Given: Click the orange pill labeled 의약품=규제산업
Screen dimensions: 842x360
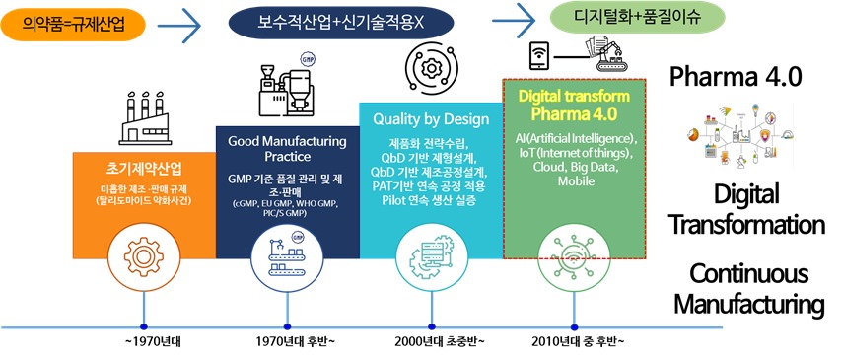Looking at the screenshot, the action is [x=74, y=23].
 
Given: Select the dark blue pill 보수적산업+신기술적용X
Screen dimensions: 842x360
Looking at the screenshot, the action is [x=341, y=23].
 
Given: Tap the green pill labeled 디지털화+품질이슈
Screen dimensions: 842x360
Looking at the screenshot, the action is [x=637, y=17].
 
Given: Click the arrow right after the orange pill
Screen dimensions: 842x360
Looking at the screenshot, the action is [x=179, y=25].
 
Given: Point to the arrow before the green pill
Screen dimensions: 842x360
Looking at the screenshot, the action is [x=514, y=21].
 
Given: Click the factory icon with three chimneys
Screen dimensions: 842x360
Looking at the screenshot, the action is [x=145, y=118].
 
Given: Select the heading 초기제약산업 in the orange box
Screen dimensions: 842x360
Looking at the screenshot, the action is [x=145, y=169].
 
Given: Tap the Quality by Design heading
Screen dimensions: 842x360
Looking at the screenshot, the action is [x=431, y=119].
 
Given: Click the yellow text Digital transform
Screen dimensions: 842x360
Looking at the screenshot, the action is [x=574, y=97].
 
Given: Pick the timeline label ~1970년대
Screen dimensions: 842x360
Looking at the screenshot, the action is [x=144, y=341].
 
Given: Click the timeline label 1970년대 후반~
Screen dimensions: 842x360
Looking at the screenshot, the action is [x=288, y=341].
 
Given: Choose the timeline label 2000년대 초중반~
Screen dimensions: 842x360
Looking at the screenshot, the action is [x=431, y=341].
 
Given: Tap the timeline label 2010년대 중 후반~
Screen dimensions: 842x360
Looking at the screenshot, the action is [x=575, y=341].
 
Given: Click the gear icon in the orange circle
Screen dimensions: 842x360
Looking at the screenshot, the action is [x=144, y=255].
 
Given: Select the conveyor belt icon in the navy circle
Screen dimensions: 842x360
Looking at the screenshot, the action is [x=288, y=255].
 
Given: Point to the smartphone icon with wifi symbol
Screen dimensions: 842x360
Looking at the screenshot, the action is [x=538, y=56].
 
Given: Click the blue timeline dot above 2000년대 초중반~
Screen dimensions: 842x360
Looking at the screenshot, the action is [x=431, y=326].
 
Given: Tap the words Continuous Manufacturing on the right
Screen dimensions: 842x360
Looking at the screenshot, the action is [x=748, y=289].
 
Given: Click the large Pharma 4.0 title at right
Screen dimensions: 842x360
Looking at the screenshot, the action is [x=736, y=77].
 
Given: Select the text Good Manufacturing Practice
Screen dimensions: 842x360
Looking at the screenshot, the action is [x=287, y=149].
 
